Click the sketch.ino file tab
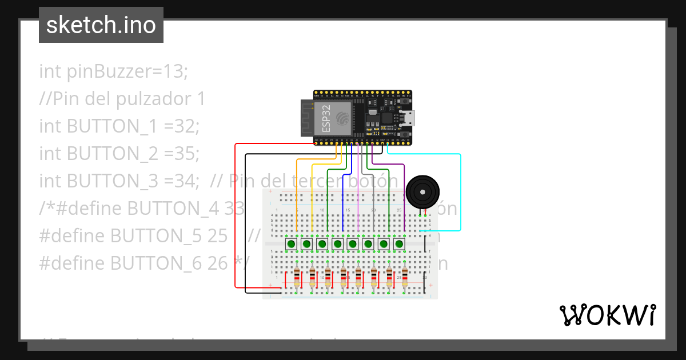coord(101,25)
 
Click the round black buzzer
coord(422,191)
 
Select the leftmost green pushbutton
coord(291,244)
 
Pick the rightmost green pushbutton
coord(399,244)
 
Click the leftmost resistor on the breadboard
coord(297,278)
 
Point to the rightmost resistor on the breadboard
coord(405,278)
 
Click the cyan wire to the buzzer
coord(460,189)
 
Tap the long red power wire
coord(235,217)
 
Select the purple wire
coord(404,194)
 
